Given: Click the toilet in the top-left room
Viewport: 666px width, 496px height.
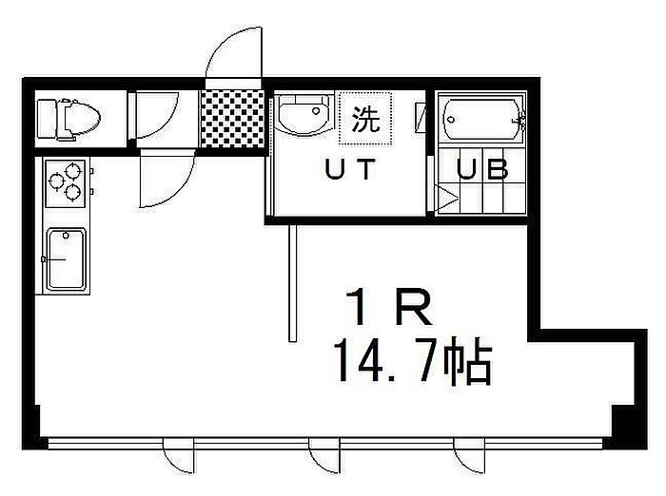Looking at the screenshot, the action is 68,119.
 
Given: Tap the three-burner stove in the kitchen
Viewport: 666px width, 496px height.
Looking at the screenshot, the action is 66,182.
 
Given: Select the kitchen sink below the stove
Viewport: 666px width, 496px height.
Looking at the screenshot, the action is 67,259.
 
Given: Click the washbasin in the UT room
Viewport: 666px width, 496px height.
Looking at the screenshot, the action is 304,113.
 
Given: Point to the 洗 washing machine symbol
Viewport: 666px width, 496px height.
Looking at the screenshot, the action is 365,119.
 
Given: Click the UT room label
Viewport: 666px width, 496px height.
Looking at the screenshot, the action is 350,169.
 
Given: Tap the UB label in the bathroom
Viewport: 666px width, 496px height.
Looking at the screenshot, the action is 482,168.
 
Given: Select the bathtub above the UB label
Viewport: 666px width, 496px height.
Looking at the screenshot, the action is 482,119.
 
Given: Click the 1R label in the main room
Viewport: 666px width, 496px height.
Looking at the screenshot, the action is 388,309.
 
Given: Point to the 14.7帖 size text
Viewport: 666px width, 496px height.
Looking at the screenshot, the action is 413,361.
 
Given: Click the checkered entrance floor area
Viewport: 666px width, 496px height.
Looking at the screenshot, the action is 232,119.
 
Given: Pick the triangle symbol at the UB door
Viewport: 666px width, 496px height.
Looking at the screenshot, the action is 446,198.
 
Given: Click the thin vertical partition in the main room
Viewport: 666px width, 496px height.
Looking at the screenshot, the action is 292,283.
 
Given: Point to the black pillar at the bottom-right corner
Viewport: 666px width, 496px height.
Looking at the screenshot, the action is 629,427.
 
